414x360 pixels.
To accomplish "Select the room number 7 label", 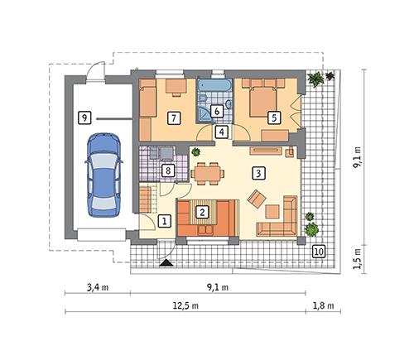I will click(x=173, y=118).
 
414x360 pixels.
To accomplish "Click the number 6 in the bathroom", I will click(x=215, y=110).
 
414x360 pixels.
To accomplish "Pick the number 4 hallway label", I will click(x=221, y=132).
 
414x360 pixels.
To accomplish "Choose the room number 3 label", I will click(x=259, y=173).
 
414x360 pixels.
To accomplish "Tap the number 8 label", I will click(x=167, y=171).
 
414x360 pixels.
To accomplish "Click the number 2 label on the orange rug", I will click(x=201, y=212).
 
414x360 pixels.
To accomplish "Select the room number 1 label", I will click(x=165, y=221).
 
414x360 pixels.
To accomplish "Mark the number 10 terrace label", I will click(x=319, y=251).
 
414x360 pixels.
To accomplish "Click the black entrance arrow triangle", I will click(x=167, y=262).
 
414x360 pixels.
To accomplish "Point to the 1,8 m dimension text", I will click(x=322, y=305).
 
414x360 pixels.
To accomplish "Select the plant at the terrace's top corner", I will click(x=316, y=80).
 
